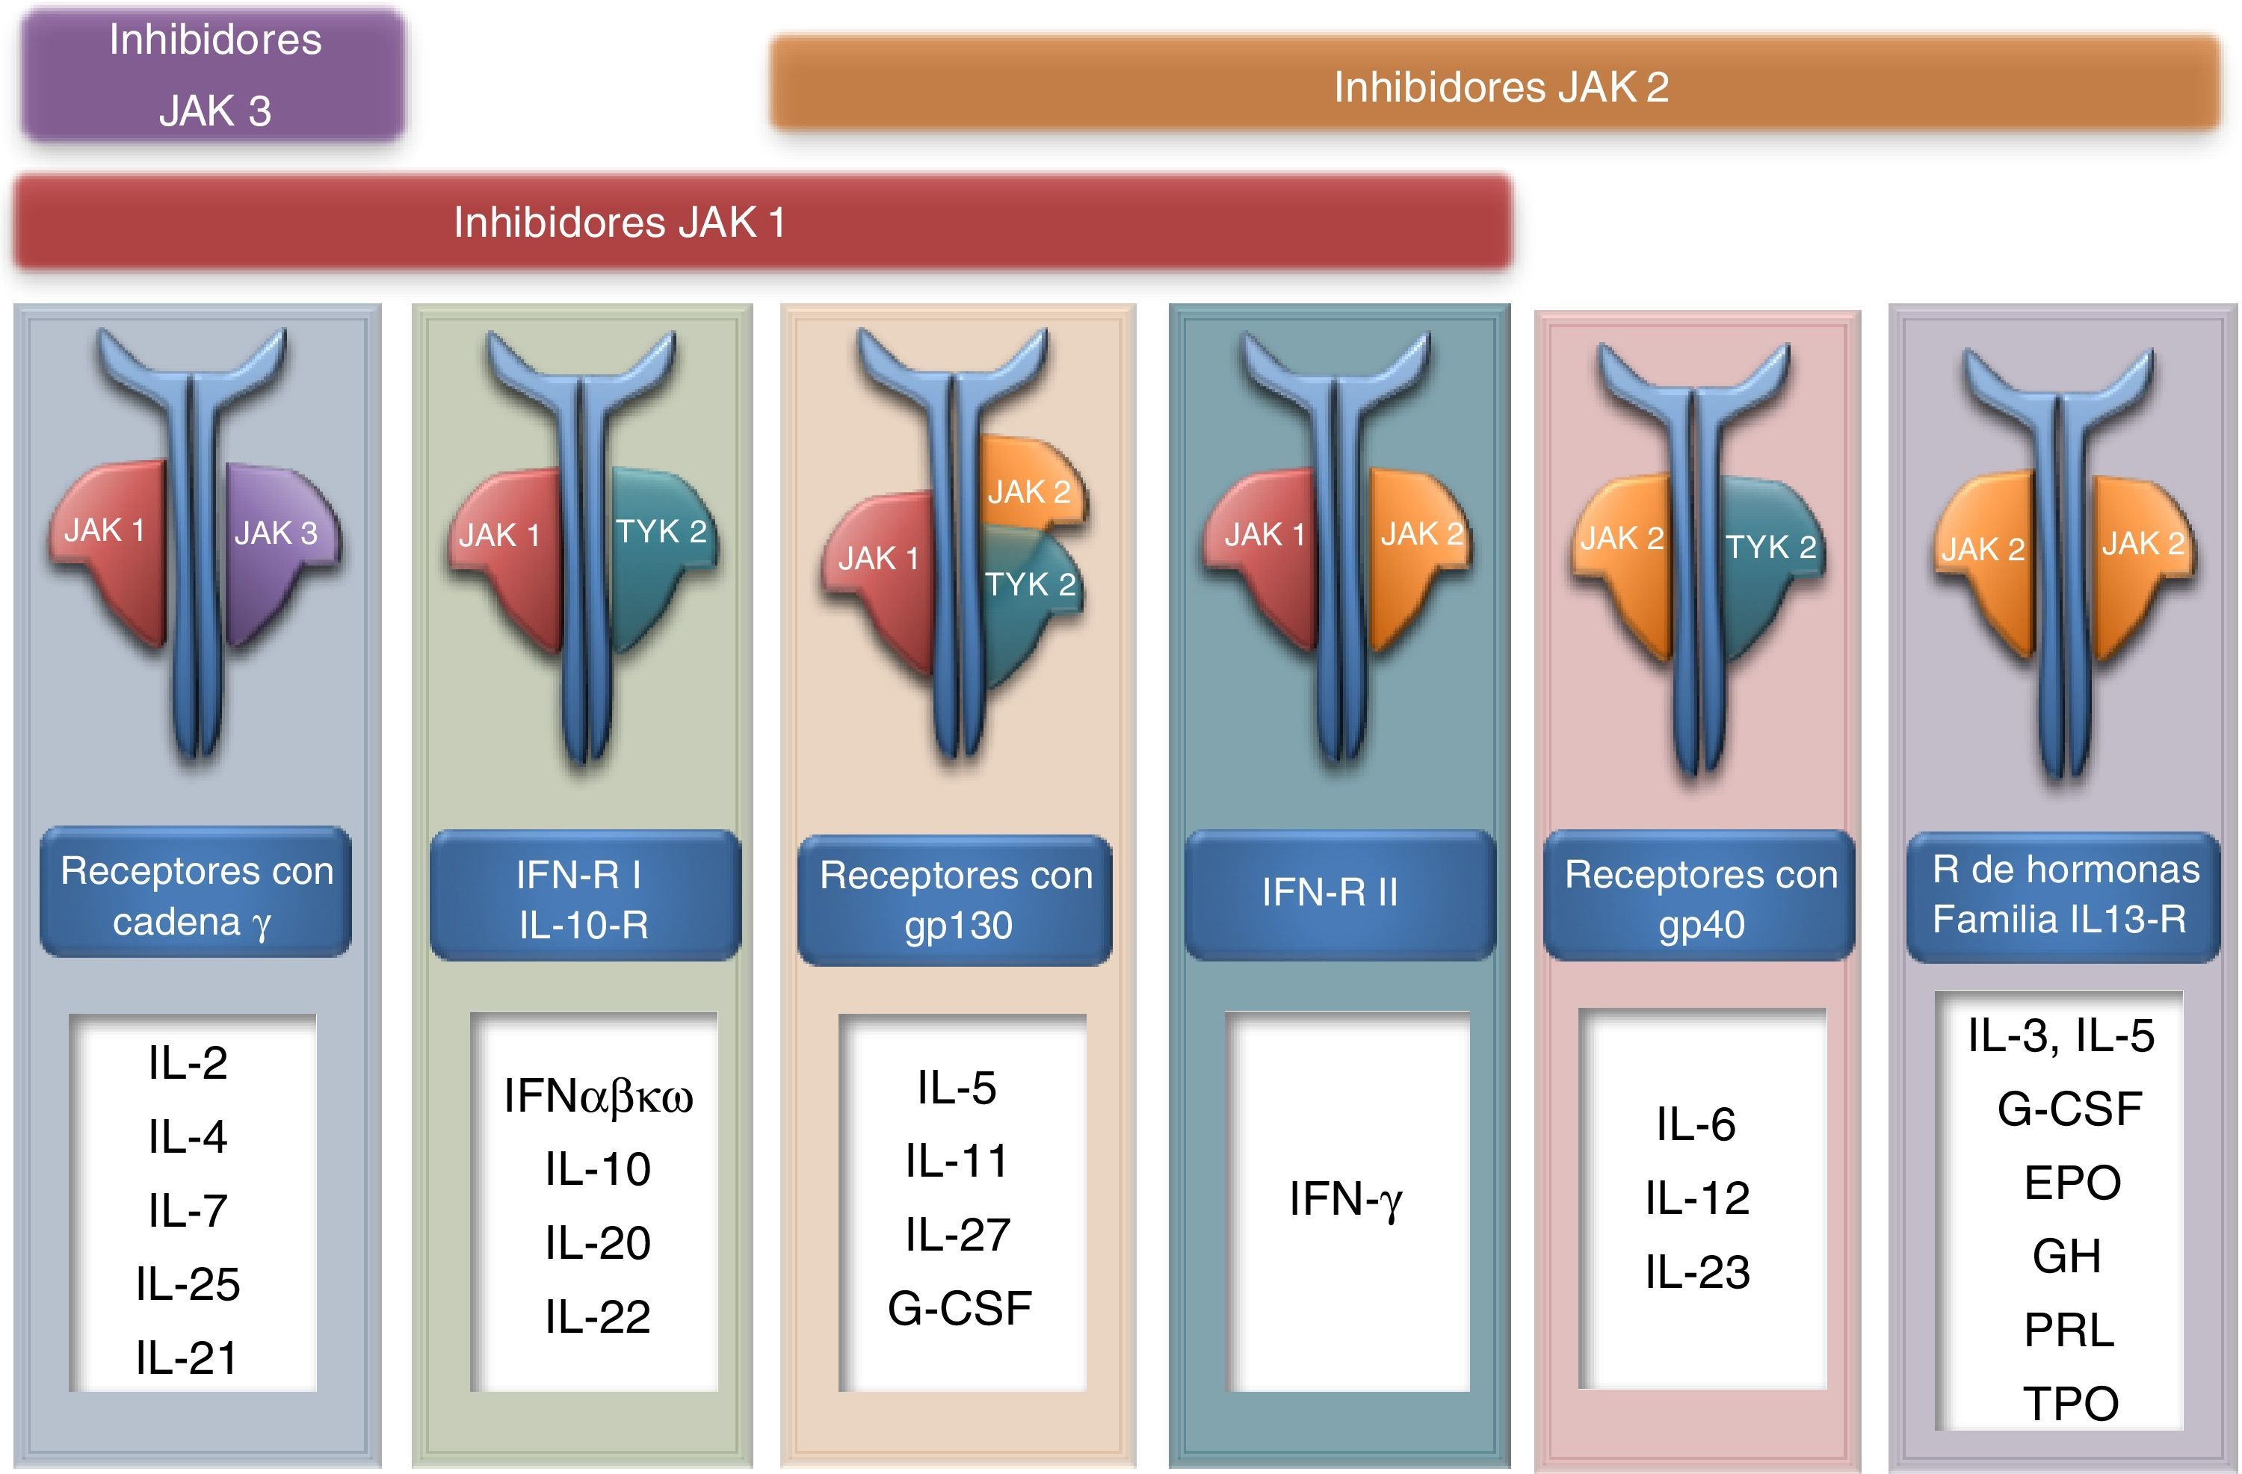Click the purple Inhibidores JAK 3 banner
214,75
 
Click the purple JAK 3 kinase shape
278,546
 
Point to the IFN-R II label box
1338,893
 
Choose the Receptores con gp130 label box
954,899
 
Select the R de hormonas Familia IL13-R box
2063,895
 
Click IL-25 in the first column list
188,1283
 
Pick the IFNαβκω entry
598,1096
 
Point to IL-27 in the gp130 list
957,1234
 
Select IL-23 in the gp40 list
1697,1272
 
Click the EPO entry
2072,1182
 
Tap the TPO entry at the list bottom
2071,1403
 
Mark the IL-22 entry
597,1316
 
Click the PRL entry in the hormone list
2069,1329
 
